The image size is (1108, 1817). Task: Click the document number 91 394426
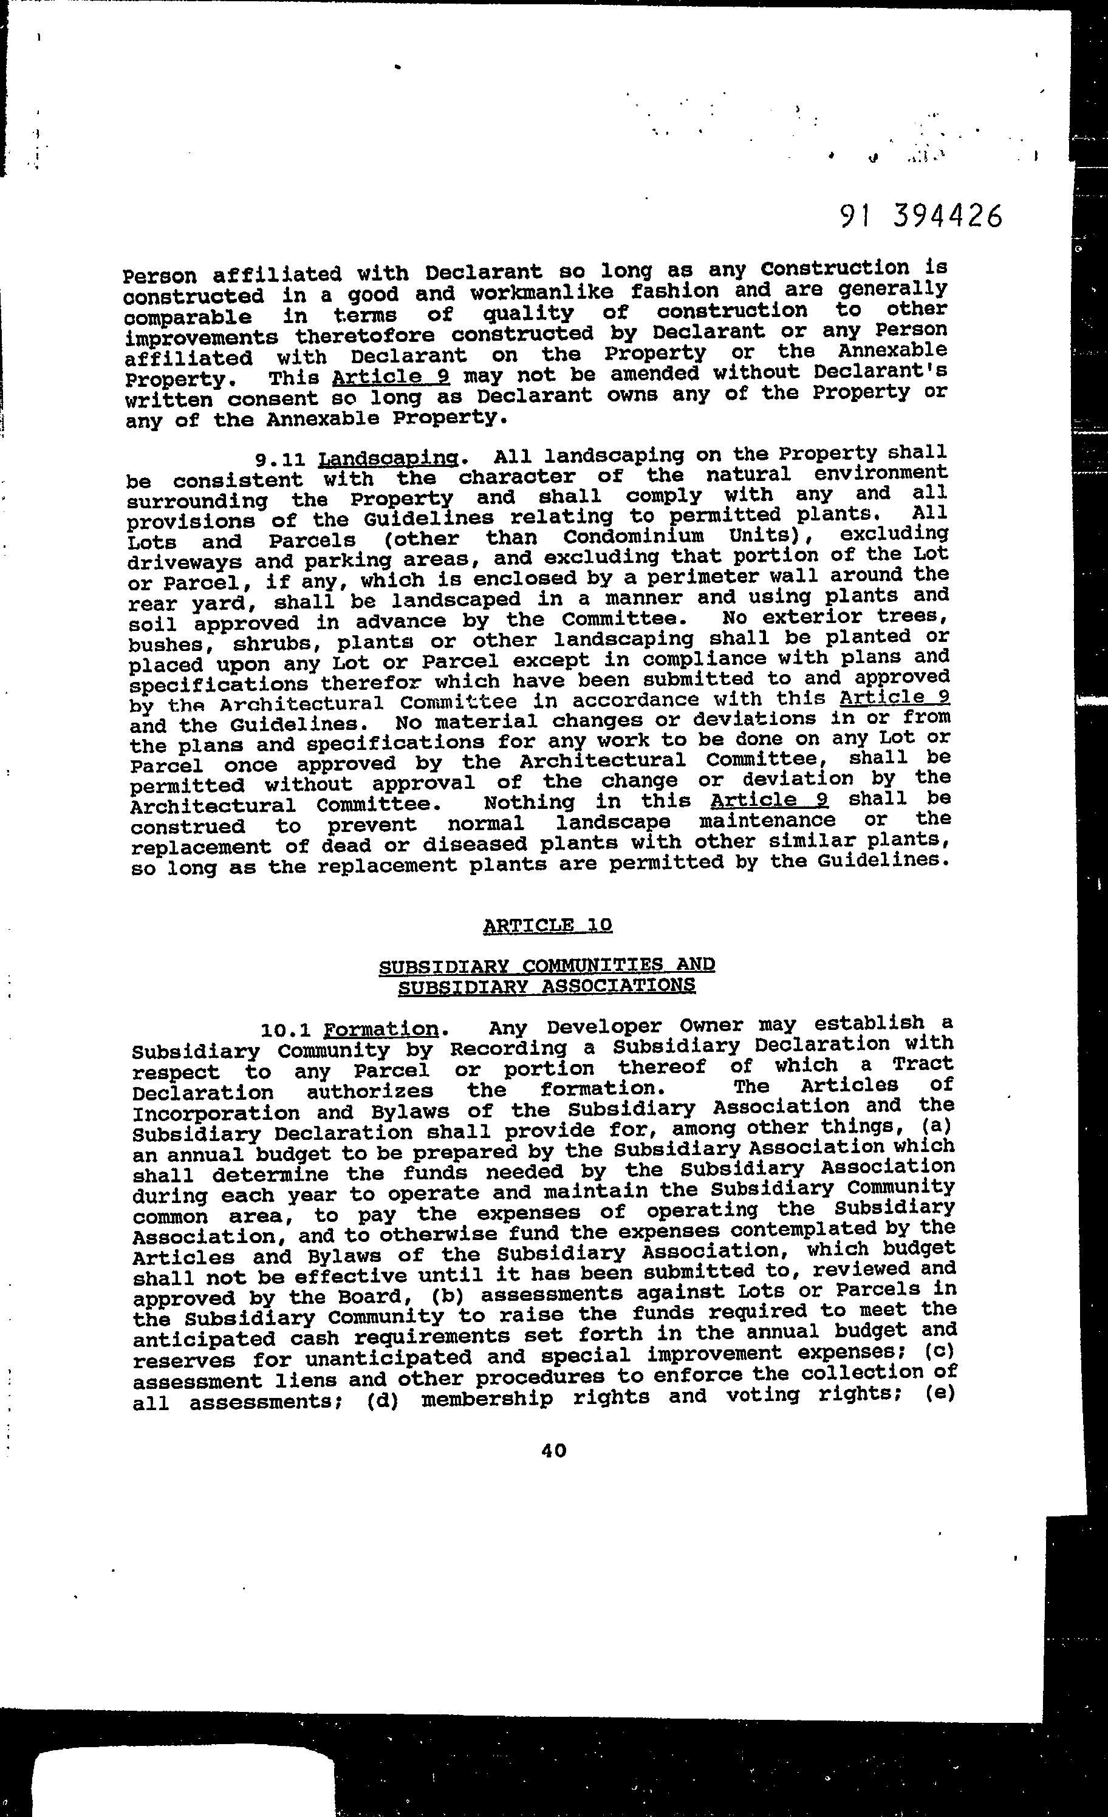point(922,217)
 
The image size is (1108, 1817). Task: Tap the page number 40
point(554,1450)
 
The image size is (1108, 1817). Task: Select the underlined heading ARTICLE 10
point(547,925)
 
